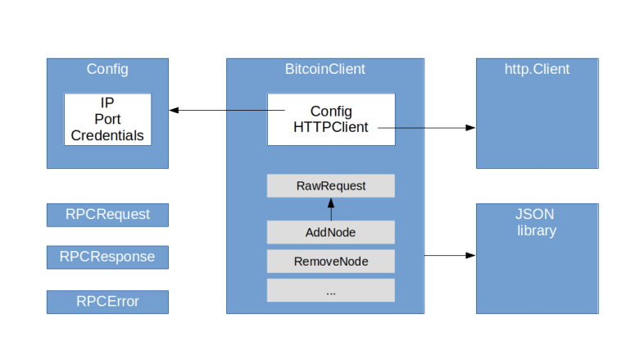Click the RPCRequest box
point(107,215)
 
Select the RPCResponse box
point(107,257)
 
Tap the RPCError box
point(107,302)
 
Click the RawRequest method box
point(331,186)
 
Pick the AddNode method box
point(331,232)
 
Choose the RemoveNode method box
point(331,262)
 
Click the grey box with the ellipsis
point(331,290)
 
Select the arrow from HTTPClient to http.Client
point(426,128)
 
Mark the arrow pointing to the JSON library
point(450,255)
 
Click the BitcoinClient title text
point(325,70)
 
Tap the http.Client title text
point(537,70)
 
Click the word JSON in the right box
point(537,215)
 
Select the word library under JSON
point(537,230)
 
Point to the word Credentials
point(107,135)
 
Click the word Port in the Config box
point(107,120)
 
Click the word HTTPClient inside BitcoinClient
point(330,127)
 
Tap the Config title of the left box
point(107,70)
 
